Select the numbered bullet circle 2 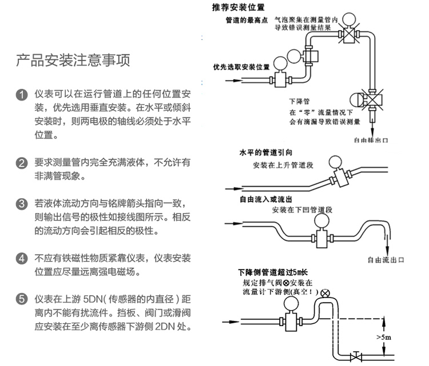(x=21, y=163)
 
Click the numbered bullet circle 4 (x=21, y=258)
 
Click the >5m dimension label (x=384, y=337)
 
